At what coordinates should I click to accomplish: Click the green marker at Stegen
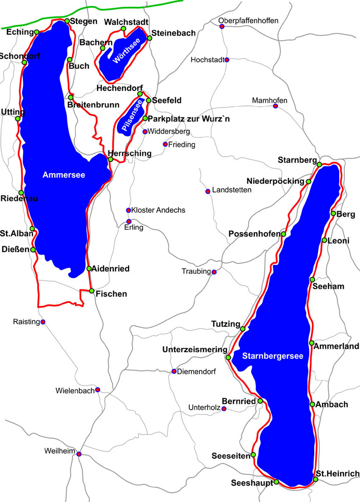67,21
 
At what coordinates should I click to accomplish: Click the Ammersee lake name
64,175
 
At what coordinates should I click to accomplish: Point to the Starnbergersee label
273,356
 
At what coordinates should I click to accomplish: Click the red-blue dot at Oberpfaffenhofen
222,26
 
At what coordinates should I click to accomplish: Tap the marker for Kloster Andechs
128,210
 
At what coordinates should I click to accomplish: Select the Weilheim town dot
79,454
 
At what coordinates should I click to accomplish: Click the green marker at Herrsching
111,159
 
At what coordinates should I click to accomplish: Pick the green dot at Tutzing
243,329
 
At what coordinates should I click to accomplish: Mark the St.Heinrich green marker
316,479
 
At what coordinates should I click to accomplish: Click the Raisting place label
26,322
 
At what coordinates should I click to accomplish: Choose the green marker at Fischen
92,291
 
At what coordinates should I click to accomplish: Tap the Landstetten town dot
208,191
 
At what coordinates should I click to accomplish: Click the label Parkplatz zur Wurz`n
189,119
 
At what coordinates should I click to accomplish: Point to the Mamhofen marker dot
275,106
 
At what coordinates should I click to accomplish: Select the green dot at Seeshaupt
276,482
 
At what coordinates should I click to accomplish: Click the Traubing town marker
214,272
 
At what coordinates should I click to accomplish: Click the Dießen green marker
33,250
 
